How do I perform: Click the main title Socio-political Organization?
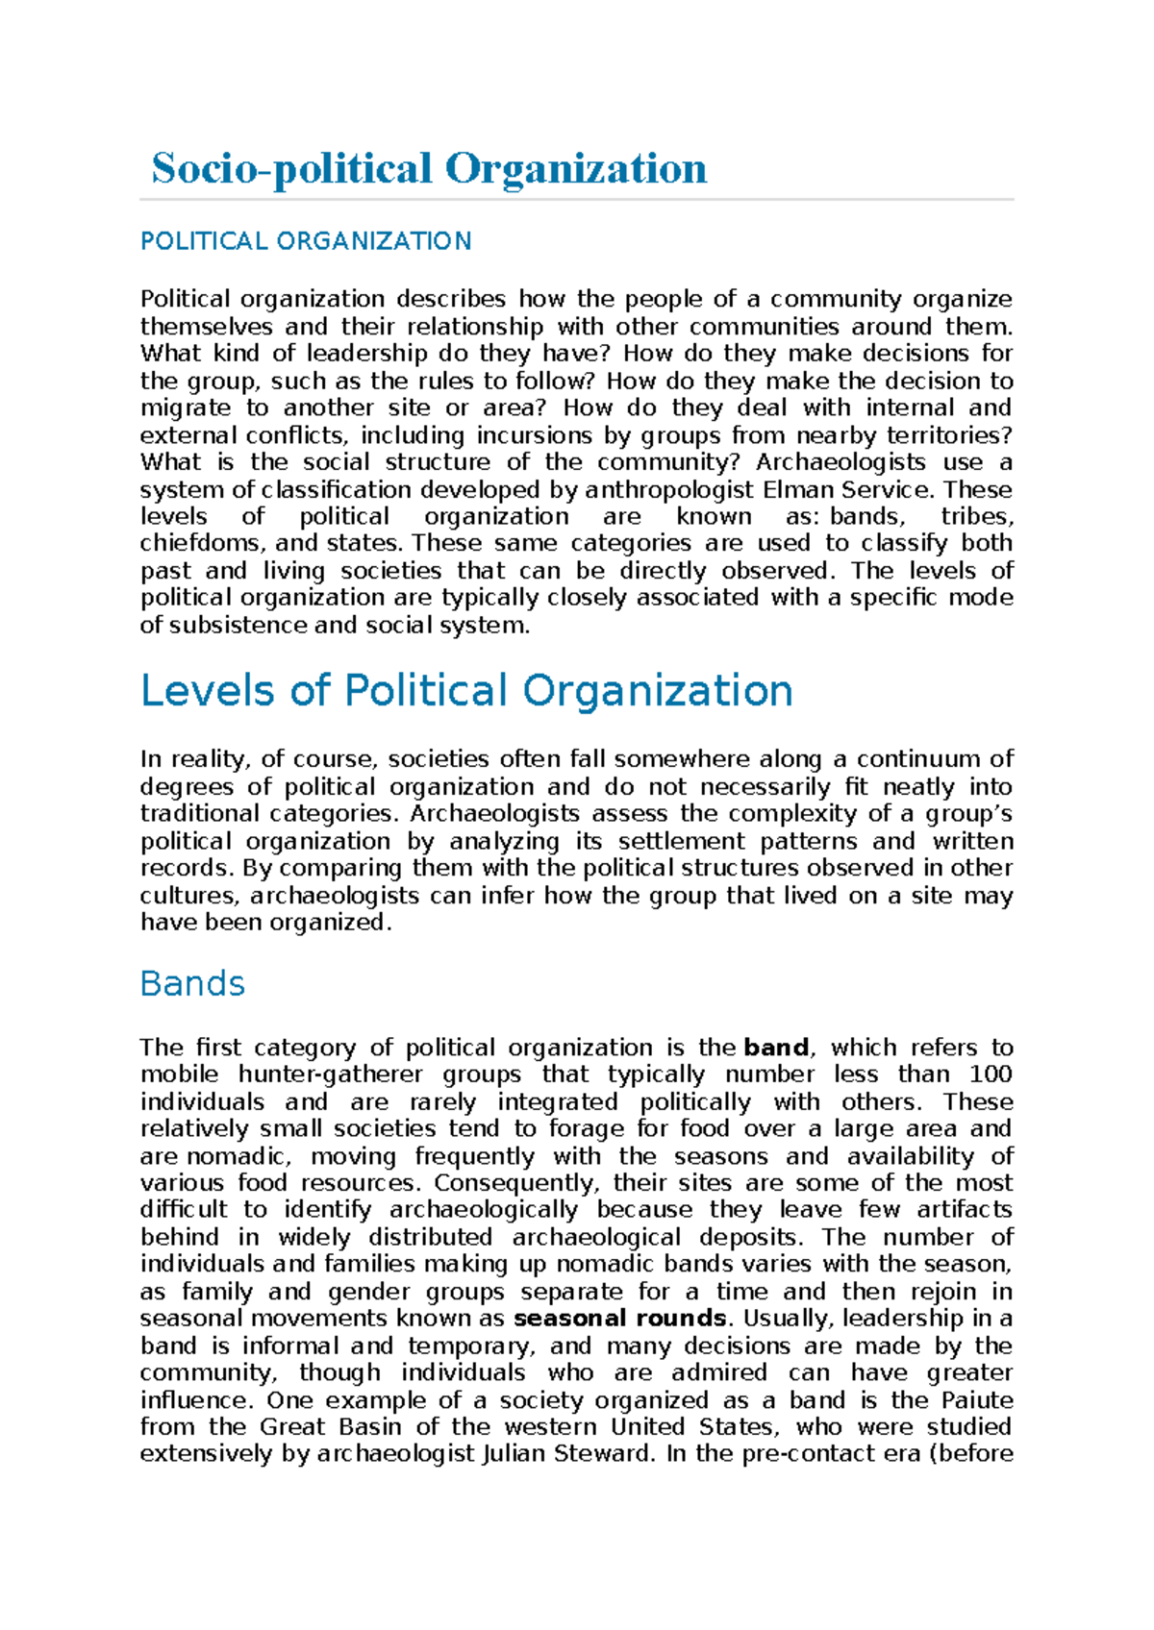pos(429,168)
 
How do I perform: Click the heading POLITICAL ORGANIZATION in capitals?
pos(306,241)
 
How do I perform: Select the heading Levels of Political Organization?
pos(466,691)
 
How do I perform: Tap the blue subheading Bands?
pos(192,984)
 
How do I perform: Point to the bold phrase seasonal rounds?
pos(620,1319)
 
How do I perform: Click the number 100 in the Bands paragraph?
pos(991,1074)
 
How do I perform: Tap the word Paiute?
pos(977,1400)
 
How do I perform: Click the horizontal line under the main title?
pos(577,200)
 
